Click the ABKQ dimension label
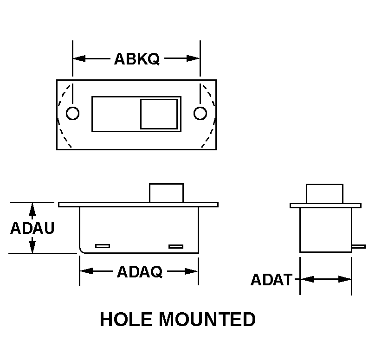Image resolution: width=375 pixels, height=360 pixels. pos(137,59)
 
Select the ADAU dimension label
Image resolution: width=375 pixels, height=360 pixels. pos(32,228)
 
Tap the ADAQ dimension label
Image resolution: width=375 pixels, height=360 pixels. pos(140,272)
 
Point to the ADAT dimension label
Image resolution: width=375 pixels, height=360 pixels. pos(272,280)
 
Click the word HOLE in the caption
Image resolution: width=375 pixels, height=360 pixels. pos(126,319)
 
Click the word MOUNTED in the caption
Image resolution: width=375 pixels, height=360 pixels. pos(207,319)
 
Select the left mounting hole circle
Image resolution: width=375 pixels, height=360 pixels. pos(72,113)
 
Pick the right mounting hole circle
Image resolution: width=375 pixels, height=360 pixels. pos(200,113)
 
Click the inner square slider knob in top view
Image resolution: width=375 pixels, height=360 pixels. pos(159,114)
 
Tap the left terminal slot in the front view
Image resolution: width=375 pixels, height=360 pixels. pos(103,246)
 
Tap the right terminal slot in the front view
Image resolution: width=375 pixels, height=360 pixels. pos(176,246)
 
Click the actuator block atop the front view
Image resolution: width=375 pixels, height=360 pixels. pos(167,193)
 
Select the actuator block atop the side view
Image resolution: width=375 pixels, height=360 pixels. pos(324,193)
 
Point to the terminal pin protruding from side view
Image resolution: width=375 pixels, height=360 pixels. pos(358,246)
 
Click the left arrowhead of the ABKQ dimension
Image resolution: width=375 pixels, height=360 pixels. pos(79,58)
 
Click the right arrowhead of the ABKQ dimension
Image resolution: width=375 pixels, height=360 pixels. pos(193,58)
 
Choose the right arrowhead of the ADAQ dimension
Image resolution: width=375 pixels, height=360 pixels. pos(191,271)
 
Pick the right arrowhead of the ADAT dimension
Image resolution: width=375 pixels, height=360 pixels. pos(345,279)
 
